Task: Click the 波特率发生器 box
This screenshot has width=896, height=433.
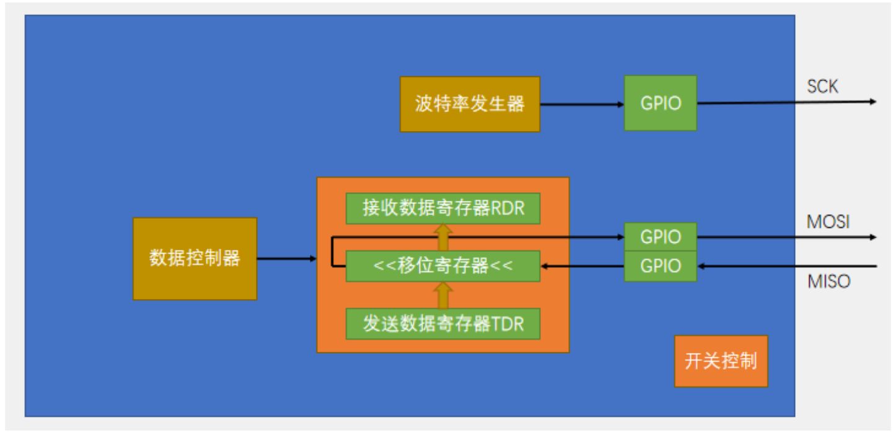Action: (x=469, y=104)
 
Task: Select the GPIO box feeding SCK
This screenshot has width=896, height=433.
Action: (x=660, y=103)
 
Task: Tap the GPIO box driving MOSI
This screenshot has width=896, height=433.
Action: (x=660, y=237)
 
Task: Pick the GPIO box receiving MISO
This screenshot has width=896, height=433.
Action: (x=660, y=266)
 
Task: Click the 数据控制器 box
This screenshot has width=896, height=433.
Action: (x=195, y=259)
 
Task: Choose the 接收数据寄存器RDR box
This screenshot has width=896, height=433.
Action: (x=443, y=208)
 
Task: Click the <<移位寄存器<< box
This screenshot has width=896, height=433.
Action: (x=443, y=266)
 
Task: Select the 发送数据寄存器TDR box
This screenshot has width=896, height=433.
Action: (x=443, y=323)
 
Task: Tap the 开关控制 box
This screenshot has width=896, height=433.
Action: (x=721, y=361)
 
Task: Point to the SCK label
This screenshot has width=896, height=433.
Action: (x=822, y=87)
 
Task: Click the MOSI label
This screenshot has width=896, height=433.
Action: (x=827, y=222)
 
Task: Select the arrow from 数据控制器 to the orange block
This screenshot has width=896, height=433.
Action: (x=286, y=259)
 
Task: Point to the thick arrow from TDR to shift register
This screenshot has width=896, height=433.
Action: (x=443, y=295)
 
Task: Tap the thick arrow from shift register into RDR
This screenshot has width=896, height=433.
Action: (x=443, y=238)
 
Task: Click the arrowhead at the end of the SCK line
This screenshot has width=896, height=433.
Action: (x=873, y=101)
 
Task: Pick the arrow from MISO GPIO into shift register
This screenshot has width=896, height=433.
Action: (x=582, y=266)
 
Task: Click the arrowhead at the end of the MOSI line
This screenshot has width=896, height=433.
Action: (x=873, y=237)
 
